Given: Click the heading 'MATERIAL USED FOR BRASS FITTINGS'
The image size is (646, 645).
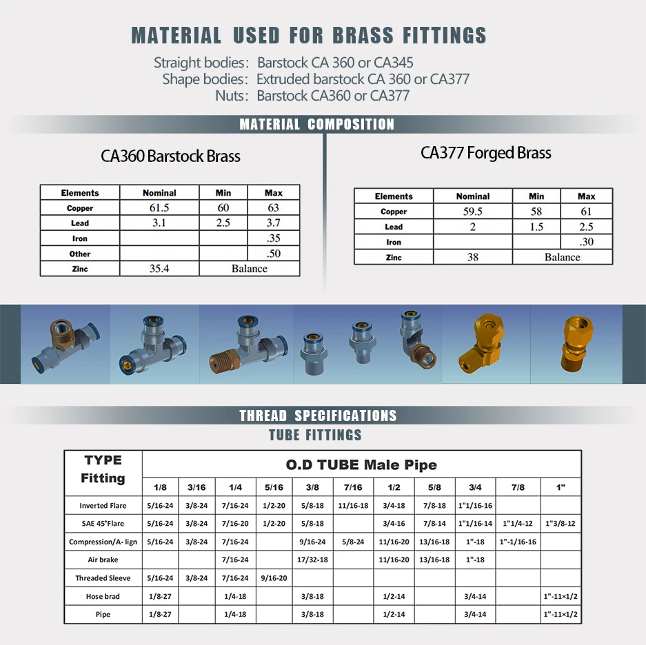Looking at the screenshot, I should tap(309, 35).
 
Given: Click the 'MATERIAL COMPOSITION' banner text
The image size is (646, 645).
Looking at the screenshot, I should tap(317, 125).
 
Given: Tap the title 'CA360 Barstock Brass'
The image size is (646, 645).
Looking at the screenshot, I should tap(170, 156).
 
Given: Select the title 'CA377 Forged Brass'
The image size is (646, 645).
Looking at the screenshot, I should tap(486, 153).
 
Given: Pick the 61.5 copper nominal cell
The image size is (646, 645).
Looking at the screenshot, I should tap(159, 208).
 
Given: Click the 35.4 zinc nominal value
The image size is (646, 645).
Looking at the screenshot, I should tap(159, 269).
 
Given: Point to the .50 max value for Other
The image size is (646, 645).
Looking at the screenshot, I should tap(273, 254).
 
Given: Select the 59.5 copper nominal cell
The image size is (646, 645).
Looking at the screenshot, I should tap(472, 212).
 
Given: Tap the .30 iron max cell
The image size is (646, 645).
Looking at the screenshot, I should tap(586, 242).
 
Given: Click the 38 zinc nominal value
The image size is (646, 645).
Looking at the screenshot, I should tap(472, 257).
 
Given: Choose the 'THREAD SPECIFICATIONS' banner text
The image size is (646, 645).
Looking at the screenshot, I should tap(318, 416).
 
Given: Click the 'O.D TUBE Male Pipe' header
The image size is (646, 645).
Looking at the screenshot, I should tap(361, 465).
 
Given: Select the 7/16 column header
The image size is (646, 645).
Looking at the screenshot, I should tap(353, 488).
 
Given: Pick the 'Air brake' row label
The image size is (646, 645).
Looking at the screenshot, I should tap(103, 560).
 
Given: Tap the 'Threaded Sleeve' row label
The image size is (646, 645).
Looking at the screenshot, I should tap(103, 578).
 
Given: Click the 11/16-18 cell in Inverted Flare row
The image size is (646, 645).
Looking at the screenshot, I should tap(353, 506).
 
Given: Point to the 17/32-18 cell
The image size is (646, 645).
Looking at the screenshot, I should tap(313, 560).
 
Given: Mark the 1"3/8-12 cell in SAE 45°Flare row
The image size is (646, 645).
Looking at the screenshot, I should tap(561, 524).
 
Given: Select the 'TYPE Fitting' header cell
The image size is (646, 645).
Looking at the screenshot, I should tap(103, 469).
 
